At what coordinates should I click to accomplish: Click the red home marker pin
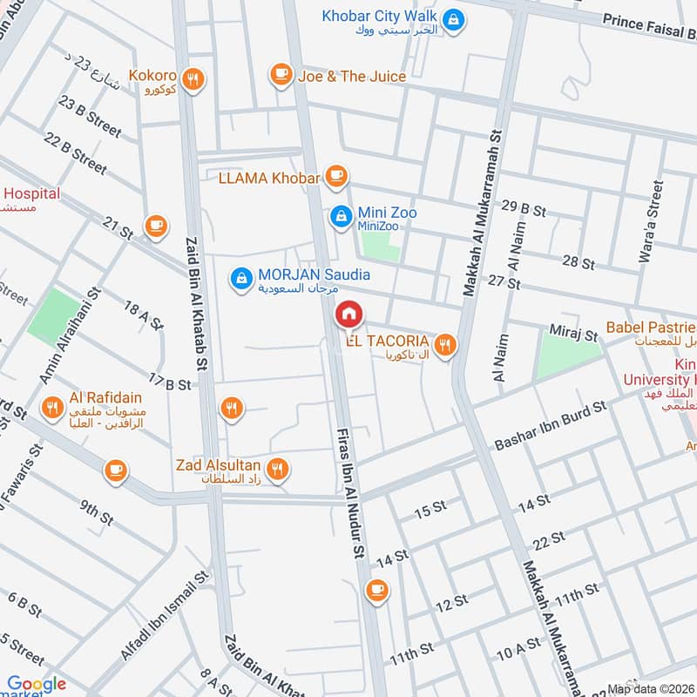[348, 315]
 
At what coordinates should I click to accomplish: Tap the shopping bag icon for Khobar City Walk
[453, 17]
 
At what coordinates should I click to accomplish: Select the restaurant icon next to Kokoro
[195, 78]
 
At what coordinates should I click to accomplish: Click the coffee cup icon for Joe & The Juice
[281, 76]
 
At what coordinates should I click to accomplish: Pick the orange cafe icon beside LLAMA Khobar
[337, 178]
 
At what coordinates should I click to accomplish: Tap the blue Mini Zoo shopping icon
[341, 213]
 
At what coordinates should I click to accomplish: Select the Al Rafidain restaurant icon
[53, 407]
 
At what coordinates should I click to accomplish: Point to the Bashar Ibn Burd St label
[550, 426]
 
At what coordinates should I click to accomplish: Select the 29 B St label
[524, 208]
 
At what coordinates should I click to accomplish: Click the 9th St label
[97, 511]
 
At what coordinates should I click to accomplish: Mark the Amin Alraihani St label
[76, 336]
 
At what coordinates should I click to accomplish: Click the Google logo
[36, 684]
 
